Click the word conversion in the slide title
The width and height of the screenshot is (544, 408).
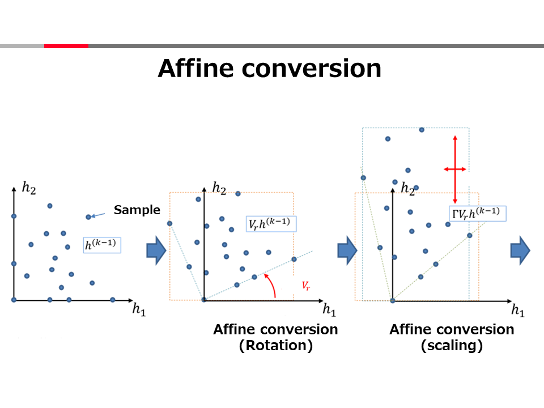pos(311,69)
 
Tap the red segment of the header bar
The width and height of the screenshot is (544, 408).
pos(66,46)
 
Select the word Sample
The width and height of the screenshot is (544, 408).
pos(137,210)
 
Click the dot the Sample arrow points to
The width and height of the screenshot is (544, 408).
pos(88,217)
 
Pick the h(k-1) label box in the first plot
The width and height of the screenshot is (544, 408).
pos(102,245)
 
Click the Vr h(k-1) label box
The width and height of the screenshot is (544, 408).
pos(271,224)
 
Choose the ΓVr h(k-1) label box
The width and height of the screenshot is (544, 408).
pos(477,214)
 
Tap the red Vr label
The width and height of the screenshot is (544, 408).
pos(305,286)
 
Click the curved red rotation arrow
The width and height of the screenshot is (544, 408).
pos(271,284)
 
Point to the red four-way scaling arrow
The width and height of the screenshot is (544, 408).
pos(455,169)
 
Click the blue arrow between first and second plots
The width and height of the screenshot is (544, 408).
pos(156,250)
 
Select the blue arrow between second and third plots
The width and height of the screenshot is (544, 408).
pos(347,250)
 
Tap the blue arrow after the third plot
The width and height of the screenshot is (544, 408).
pos(520,250)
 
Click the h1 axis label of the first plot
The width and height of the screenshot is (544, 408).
pos(139,309)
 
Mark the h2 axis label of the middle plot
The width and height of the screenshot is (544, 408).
pos(219,188)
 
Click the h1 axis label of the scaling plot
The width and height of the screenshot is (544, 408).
pos(518,309)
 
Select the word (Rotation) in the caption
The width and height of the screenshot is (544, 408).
pos(276,346)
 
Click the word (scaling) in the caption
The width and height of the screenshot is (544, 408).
pos(452,346)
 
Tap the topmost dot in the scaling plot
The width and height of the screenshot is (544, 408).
pos(422,130)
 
